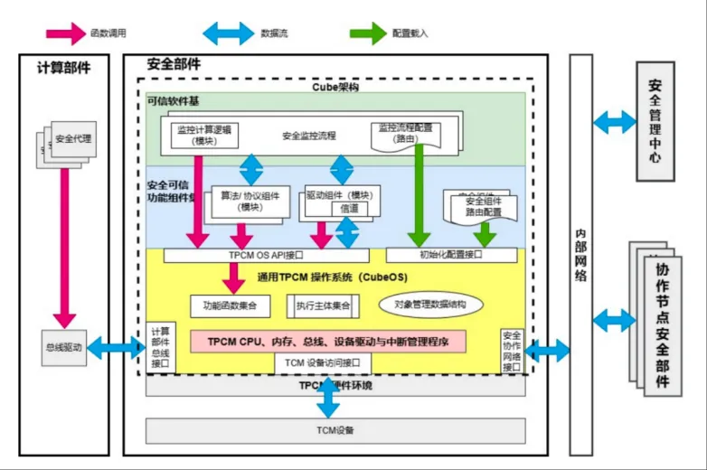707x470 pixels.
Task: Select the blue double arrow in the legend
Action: point(228,33)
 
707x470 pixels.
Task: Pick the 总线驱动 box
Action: point(63,347)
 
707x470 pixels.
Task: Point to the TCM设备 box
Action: point(335,430)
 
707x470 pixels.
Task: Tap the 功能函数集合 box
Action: point(231,305)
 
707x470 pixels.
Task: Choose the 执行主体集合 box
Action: point(322,305)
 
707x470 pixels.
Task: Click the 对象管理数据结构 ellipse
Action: point(429,305)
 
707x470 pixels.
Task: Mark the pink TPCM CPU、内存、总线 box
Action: point(327,341)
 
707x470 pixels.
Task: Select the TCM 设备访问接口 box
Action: point(323,362)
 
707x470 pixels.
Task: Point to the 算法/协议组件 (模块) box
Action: point(250,201)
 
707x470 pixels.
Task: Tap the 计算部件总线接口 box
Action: point(160,347)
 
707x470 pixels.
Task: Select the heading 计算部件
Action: point(63,68)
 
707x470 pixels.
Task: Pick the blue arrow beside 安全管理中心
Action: point(615,120)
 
